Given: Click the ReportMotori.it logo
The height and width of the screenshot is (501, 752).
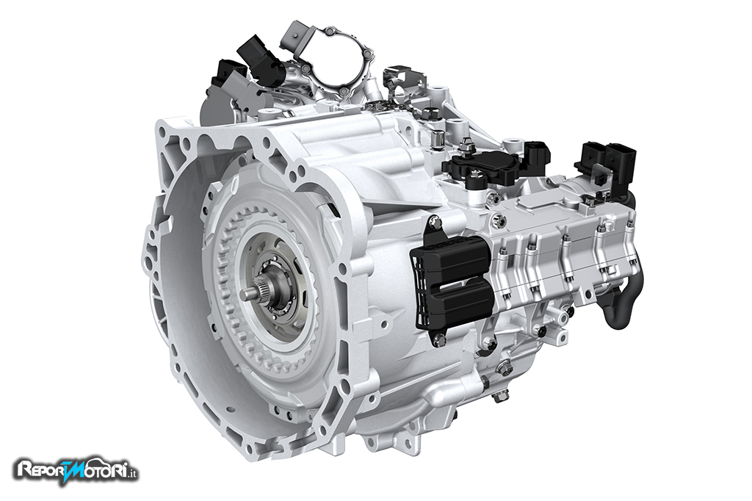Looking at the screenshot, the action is click(x=77, y=470).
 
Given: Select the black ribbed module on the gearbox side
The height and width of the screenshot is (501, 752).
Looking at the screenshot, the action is click(x=452, y=284).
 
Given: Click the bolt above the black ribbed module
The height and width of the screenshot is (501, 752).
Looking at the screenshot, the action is click(x=434, y=221).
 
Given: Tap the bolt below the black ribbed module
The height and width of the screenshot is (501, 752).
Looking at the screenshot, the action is click(x=438, y=340).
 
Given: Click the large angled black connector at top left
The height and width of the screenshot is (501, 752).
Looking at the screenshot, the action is click(x=261, y=60).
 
